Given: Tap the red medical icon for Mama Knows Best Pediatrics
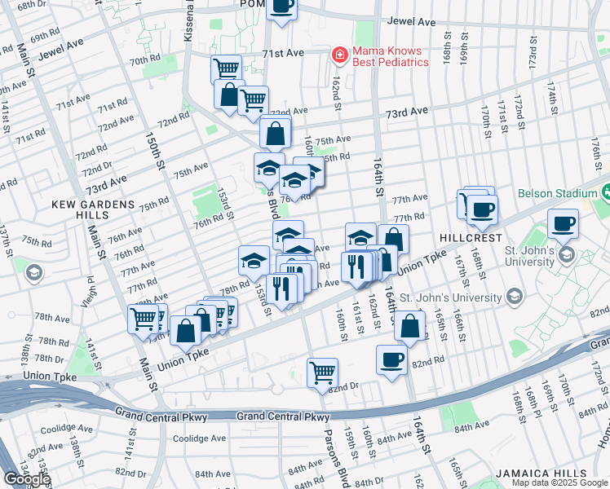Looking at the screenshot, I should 337,55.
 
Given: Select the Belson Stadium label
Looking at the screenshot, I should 558,194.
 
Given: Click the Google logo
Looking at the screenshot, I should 26,479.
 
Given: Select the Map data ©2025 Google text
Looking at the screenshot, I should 559,482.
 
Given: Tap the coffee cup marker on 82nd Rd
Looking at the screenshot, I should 391,360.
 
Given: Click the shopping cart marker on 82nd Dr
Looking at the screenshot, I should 323,373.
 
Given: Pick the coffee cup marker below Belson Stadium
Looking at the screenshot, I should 563,223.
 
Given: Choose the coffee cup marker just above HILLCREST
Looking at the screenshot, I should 481,209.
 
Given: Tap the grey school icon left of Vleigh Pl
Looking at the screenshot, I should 33,271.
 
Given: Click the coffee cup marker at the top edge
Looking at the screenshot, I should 281,7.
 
